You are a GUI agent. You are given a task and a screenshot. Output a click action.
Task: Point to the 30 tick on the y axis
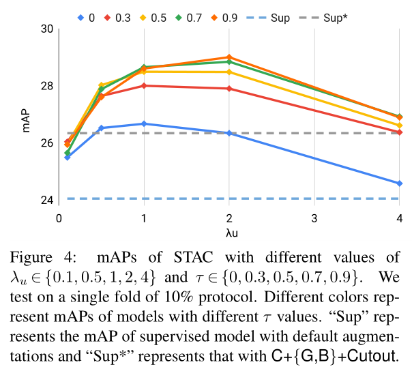[47, 29]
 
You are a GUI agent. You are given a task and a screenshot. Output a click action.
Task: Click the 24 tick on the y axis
[47, 200]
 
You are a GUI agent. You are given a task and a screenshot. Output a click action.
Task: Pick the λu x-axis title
[229, 232]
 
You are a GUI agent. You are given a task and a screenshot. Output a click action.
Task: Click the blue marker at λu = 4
[400, 183]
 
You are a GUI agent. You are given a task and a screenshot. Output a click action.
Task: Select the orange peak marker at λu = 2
[229, 57]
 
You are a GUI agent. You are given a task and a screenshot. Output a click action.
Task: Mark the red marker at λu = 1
[144, 86]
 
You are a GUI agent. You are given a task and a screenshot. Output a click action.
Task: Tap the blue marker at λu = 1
[144, 123]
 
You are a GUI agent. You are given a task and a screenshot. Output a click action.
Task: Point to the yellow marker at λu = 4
[400, 125]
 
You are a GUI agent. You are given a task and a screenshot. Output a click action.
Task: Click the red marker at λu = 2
[229, 89]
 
